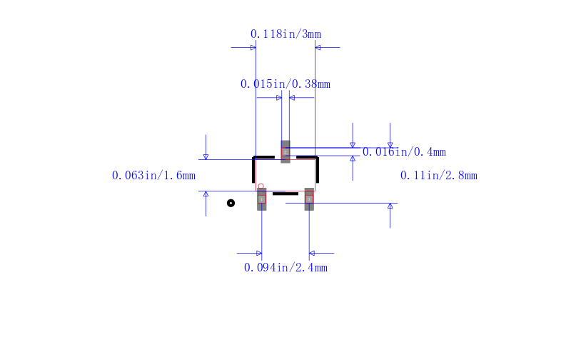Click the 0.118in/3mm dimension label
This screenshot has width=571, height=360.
tap(286, 34)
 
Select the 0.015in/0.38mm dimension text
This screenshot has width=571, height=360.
tap(285, 84)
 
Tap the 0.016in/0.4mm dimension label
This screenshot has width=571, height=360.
tap(404, 152)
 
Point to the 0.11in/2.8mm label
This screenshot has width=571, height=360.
tap(439, 176)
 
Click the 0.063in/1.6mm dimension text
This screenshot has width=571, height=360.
tap(153, 176)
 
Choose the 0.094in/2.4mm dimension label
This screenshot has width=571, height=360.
tap(286, 268)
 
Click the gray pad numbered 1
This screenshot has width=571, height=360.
tap(261, 199)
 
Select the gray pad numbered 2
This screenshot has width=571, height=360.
tap(285, 151)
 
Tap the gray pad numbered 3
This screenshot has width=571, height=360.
tap(309, 199)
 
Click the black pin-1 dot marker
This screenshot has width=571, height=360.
tap(231, 203)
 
